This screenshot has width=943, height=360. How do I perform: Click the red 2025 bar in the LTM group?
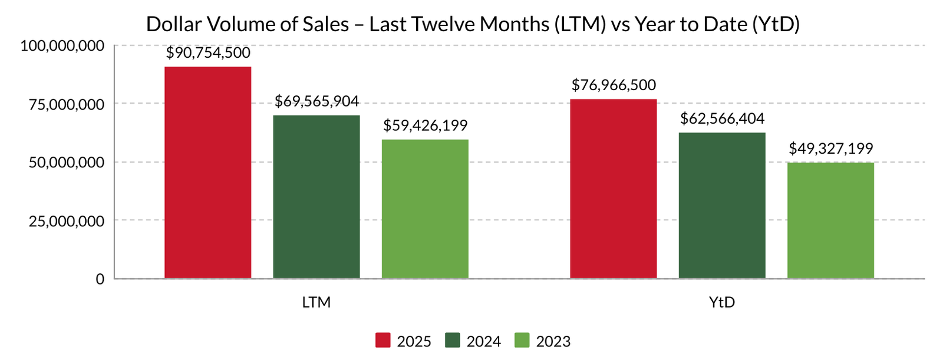[207, 172]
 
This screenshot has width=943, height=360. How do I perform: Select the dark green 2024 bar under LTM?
[316, 196]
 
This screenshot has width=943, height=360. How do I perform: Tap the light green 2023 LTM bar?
[425, 209]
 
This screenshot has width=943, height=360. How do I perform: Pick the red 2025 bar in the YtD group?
[613, 189]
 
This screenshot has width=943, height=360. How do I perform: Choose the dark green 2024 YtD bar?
[722, 205]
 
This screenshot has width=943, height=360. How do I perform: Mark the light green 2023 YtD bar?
[830, 220]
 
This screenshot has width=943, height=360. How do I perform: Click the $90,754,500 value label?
[208, 53]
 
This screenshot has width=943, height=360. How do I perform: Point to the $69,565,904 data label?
[316, 101]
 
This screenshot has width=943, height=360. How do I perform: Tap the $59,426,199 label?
[425, 125]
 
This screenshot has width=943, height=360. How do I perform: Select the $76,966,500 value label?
[614, 85]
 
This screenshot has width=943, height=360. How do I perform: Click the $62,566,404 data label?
[722, 119]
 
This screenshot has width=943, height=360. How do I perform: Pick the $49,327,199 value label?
[830, 148]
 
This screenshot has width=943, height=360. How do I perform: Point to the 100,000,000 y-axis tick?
[62, 45]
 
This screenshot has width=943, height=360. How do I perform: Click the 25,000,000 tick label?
[66, 221]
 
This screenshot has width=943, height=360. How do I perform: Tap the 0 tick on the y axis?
[100, 279]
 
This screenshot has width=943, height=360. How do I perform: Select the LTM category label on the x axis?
[316, 303]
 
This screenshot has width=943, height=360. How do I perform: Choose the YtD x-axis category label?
[722, 303]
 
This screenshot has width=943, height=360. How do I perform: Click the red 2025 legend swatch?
[383, 341]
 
